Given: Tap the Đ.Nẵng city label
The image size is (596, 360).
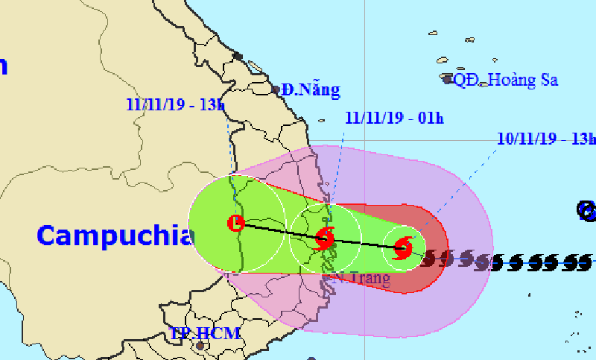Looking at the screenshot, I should click(x=311, y=91).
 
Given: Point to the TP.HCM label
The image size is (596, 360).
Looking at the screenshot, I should click(x=204, y=333).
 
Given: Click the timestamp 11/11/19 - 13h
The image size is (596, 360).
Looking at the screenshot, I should click(x=175, y=104).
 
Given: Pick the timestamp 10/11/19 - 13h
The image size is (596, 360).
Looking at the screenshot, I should click(x=546, y=139).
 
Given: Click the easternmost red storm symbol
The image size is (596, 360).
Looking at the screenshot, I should click(x=402, y=247).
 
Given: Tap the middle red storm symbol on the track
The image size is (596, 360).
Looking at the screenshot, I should click(x=325, y=239).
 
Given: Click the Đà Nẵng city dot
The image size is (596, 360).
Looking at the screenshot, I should click(x=276, y=90).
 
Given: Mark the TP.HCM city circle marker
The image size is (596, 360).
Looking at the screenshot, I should click(x=199, y=347).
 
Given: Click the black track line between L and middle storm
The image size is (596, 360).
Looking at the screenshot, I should click(x=279, y=231).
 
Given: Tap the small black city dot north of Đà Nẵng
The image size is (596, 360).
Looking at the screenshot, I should click(x=238, y=56).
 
